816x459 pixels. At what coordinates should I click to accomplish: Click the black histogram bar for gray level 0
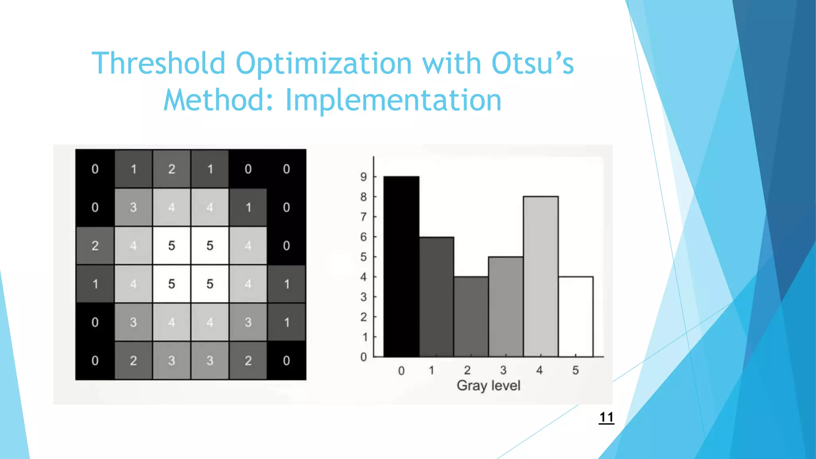tap(401, 267)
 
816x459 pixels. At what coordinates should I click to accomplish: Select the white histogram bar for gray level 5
tap(576, 317)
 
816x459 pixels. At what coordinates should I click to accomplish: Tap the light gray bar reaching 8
tap(541, 277)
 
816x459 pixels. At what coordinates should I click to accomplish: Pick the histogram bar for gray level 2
tap(471, 317)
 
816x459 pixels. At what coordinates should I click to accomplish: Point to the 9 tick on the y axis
tap(363, 177)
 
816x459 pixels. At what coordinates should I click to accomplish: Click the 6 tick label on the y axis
tap(363, 237)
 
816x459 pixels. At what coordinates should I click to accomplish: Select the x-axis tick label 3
tap(503, 370)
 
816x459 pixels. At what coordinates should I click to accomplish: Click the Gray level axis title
tap(488, 386)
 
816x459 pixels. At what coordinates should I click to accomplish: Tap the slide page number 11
tap(606, 417)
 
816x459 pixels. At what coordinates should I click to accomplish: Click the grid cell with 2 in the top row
tap(172, 169)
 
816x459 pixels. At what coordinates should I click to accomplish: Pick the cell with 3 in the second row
tap(133, 207)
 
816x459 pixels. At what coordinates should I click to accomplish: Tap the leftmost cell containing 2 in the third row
tap(95, 245)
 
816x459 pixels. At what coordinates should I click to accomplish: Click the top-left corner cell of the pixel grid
tap(95, 169)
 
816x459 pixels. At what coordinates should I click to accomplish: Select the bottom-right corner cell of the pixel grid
tap(286, 361)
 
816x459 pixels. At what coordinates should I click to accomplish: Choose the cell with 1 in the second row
tap(248, 207)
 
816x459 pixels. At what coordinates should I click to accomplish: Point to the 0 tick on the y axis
tap(363, 357)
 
